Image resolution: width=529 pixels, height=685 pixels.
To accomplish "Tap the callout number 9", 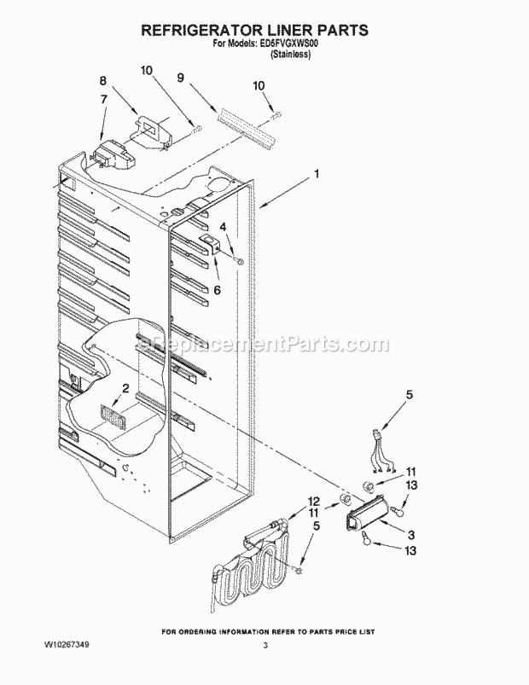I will click(x=180, y=77).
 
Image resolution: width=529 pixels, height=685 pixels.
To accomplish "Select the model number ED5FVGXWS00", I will click(x=291, y=46).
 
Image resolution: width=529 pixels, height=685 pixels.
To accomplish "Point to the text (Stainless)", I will click(x=290, y=55).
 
